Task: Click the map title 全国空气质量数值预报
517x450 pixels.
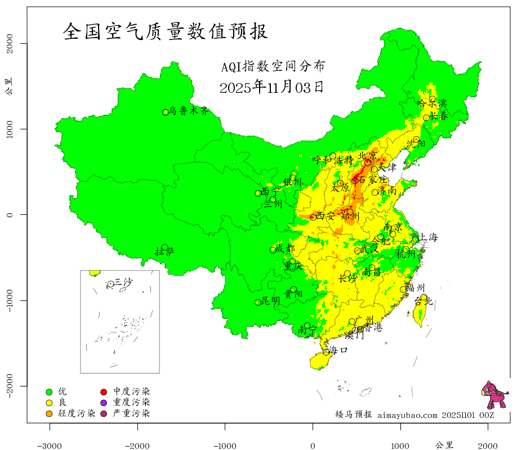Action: click(166, 31)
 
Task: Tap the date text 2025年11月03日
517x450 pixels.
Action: click(271, 87)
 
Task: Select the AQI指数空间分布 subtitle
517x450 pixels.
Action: click(273, 67)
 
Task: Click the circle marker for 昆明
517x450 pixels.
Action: click(258, 303)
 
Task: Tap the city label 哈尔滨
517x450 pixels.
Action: click(431, 103)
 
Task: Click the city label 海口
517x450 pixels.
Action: click(338, 350)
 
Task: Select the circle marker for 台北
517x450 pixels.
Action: click(424, 297)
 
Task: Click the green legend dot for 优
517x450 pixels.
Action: click(49, 391)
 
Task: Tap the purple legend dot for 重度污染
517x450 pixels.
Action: click(104, 403)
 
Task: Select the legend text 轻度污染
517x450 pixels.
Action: click(77, 414)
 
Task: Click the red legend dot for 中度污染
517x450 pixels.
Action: click(104, 391)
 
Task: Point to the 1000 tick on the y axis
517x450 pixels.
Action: click(10, 129)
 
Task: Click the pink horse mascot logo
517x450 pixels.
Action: click(494, 395)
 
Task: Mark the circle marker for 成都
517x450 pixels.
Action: click(273, 250)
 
